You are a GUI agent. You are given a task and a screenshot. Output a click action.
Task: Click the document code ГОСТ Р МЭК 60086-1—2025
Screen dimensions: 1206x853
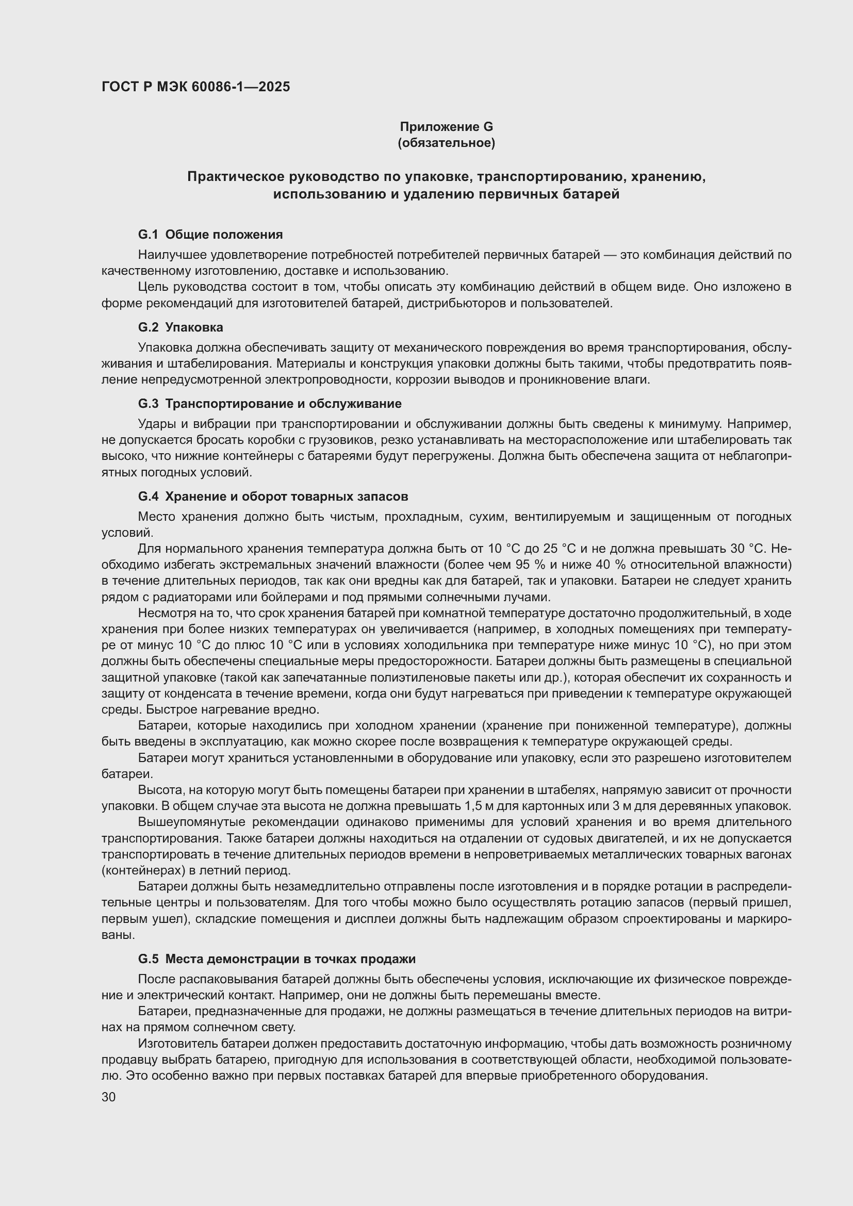click(x=195, y=87)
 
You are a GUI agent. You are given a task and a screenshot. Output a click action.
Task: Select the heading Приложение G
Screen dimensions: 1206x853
click(x=447, y=127)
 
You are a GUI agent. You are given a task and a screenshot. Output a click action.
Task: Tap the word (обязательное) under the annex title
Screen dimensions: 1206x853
click(x=447, y=143)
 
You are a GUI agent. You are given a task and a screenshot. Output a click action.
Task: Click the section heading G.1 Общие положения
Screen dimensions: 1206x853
click(x=210, y=234)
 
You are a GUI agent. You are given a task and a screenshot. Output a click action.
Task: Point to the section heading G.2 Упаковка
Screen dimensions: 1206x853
click(x=180, y=327)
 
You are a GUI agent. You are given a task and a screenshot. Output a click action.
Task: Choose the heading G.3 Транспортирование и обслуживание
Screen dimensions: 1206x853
click(x=269, y=403)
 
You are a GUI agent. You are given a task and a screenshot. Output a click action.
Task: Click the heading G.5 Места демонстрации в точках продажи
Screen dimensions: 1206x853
click(x=277, y=959)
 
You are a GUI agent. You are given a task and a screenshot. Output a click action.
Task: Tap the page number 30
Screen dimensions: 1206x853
click(x=109, y=1097)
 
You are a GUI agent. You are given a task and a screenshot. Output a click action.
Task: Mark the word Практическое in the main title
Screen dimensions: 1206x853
click(x=235, y=177)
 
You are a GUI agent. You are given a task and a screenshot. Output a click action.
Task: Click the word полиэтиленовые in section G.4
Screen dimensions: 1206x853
click(x=403, y=678)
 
